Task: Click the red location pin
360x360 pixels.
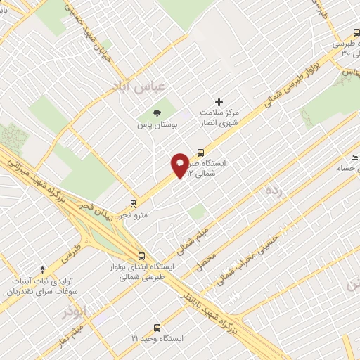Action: click(180, 165)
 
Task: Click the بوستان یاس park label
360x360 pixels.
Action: click(153, 125)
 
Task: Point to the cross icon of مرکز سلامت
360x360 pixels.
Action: click(219, 103)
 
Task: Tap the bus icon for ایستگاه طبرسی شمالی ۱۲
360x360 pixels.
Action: click(200, 152)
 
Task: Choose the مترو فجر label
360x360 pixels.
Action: click(134, 214)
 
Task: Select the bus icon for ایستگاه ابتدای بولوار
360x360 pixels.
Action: click(142, 256)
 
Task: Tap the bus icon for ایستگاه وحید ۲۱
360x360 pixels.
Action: click(156, 327)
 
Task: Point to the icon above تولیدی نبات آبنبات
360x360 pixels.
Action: click(42, 269)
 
